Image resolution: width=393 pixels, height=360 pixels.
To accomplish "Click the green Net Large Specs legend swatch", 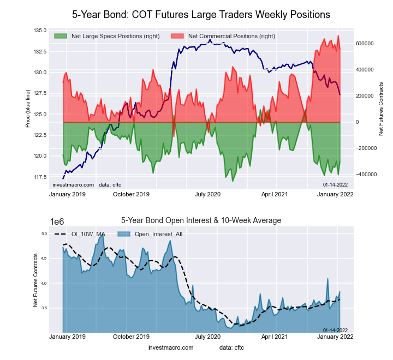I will click(x=61, y=36).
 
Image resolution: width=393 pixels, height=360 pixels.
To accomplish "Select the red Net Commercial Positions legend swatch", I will click(x=177, y=36).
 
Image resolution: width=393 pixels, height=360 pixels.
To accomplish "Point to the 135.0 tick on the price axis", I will click(x=39, y=31).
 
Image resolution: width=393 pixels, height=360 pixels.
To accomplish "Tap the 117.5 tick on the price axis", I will click(x=39, y=177).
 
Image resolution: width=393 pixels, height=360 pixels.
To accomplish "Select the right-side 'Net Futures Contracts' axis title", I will click(x=381, y=109).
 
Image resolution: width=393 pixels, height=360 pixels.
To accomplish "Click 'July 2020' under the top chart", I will click(x=207, y=194).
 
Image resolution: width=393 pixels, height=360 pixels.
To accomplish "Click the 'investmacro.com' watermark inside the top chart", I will click(x=73, y=185).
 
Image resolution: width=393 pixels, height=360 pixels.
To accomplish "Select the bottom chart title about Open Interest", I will click(x=201, y=220).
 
